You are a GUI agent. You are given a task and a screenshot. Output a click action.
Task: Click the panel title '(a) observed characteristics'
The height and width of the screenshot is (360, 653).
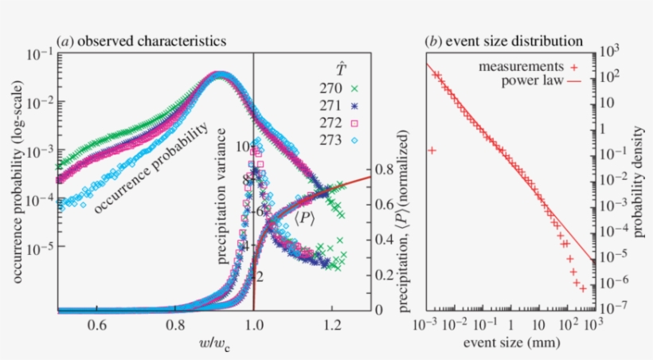point(140,39)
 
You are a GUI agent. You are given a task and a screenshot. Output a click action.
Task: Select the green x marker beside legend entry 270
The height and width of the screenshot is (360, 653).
point(354,89)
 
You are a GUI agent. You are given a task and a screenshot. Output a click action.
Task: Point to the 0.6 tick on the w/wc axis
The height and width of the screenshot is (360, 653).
point(97,325)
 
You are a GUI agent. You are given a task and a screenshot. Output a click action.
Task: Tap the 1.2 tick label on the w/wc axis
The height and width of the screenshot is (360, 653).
point(332,325)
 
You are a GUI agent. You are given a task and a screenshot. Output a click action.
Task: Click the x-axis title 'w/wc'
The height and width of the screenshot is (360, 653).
point(215,343)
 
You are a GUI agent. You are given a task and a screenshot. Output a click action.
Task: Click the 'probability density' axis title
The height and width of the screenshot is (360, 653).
point(635,183)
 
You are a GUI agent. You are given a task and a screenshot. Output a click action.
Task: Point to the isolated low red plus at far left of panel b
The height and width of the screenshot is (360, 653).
point(431,150)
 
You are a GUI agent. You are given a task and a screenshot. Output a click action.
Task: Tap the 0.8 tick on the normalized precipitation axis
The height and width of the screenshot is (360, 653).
point(383,170)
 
